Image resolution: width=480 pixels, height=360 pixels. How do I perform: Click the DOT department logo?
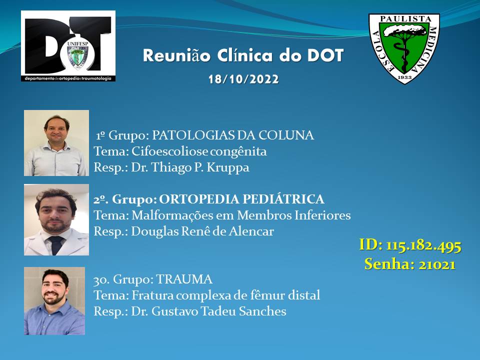point(68,46)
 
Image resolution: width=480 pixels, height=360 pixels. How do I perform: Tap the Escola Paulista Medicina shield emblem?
point(404,48)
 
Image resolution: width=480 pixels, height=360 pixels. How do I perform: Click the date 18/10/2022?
point(243,79)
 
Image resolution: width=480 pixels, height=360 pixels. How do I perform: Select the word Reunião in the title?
point(176,55)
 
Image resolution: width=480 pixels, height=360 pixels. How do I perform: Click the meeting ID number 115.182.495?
point(423,245)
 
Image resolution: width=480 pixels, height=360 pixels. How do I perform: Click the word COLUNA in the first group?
point(286,135)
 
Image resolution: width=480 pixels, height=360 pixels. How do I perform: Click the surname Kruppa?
point(228,168)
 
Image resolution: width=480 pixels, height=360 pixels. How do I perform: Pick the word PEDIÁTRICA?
point(283,199)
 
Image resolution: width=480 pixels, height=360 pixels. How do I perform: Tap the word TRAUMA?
point(184,279)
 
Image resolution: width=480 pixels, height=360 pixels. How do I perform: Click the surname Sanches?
point(262,311)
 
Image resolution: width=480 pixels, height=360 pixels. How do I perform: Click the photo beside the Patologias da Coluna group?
point(56,143)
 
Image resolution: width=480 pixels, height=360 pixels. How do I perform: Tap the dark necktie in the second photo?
point(56,245)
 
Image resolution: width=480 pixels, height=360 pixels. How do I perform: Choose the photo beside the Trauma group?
point(54,301)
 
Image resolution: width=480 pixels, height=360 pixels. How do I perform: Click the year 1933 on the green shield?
point(404,77)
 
